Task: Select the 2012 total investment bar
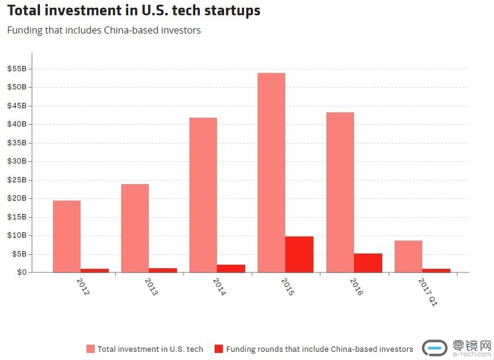(66, 236)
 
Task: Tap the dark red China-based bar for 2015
(299, 254)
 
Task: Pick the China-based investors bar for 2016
(368, 263)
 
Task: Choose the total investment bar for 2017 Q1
(408, 256)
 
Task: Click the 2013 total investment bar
(135, 228)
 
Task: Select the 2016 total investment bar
(340, 192)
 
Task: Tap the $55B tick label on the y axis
(16, 69)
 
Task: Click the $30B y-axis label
(16, 161)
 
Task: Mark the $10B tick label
(16, 235)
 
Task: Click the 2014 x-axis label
(219, 286)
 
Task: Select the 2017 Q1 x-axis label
(428, 292)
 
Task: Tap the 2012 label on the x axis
(83, 286)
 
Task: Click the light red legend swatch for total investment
(91, 349)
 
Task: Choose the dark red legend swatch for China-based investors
(219, 349)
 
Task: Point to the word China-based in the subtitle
(128, 30)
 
